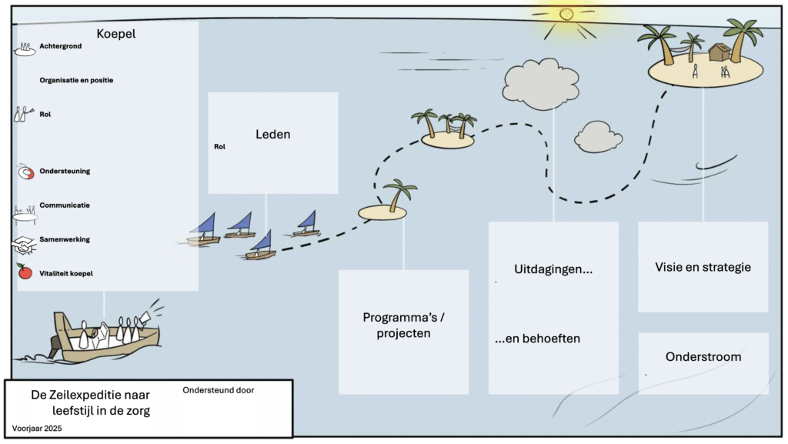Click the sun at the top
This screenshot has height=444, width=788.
(x=567, y=15)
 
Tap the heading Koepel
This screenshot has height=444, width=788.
(x=116, y=33)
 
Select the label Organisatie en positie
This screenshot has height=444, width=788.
(x=76, y=80)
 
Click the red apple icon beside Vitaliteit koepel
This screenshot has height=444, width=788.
(x=25, y=272)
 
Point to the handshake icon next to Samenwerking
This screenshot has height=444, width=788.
(x=23, y=244)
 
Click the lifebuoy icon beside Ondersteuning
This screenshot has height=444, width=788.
(x=25, y=172)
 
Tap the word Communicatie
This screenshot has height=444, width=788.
(x=65, y=205)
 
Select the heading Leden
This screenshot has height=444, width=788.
(x=272, y=135)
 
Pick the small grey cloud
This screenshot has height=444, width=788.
(x=598, y=137)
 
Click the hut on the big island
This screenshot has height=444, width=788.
(x=720, y=52)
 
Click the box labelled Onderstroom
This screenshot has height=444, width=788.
(x=703, y=357)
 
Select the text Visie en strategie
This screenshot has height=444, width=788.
(x=703, y=268)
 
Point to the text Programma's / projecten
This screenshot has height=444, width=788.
(x=403, y=325)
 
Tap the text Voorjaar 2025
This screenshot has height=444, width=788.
(x=36, y=427)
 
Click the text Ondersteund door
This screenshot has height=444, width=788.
(x=218, y=390)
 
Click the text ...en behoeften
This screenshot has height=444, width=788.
(x=537, y=339)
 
